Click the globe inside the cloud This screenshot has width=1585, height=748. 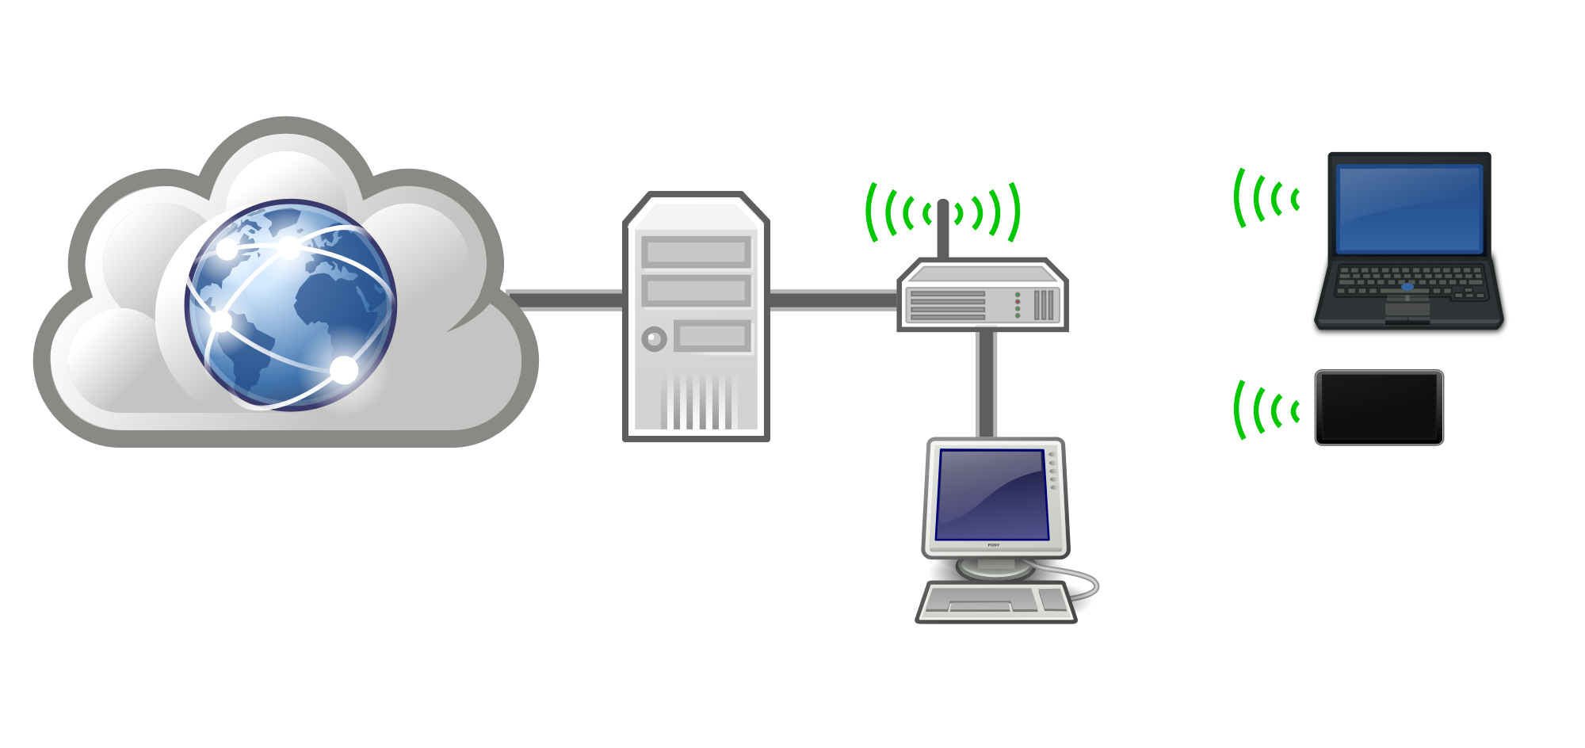tap(291, 305)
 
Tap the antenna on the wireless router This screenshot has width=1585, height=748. tap(943, 230)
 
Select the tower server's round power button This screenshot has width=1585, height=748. tap(654, 339)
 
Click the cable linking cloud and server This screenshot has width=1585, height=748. tap(564, 300)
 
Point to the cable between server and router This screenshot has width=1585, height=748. tap(832, 300)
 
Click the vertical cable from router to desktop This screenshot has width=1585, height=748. tap(987, 384)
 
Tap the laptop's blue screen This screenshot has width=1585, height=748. tap(1409, 208)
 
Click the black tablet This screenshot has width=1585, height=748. tap(1379, 407)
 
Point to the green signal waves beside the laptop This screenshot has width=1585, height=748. tap(1266, 198)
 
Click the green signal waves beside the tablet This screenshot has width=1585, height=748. tap(1266, 410)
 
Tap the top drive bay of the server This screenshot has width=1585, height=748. tap(696, 253)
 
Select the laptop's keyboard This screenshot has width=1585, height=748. tap(1409, 279)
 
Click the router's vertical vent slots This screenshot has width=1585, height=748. tap(1044, 305)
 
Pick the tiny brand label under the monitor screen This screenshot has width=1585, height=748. tap(994, 545)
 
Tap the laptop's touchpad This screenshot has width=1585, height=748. tap(1407, 308)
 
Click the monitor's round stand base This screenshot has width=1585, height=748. tap(995, 568)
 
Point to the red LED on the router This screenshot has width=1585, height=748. tap(1018, 302)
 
